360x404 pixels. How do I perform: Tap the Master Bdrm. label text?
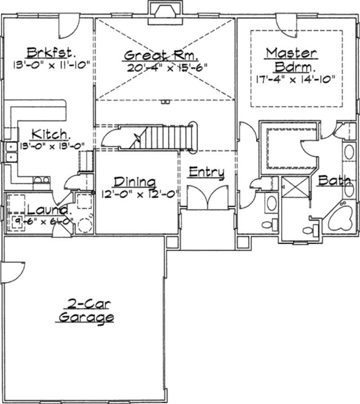[x=291, y=59]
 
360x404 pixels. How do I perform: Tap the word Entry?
[x=206, y=172]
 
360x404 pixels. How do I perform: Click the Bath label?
[x=334, y=181]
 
